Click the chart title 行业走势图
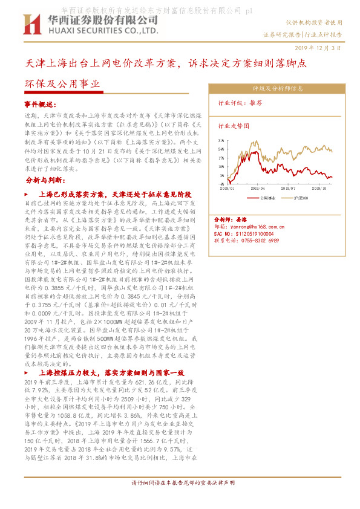point(234,126)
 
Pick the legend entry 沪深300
point(301,197)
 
